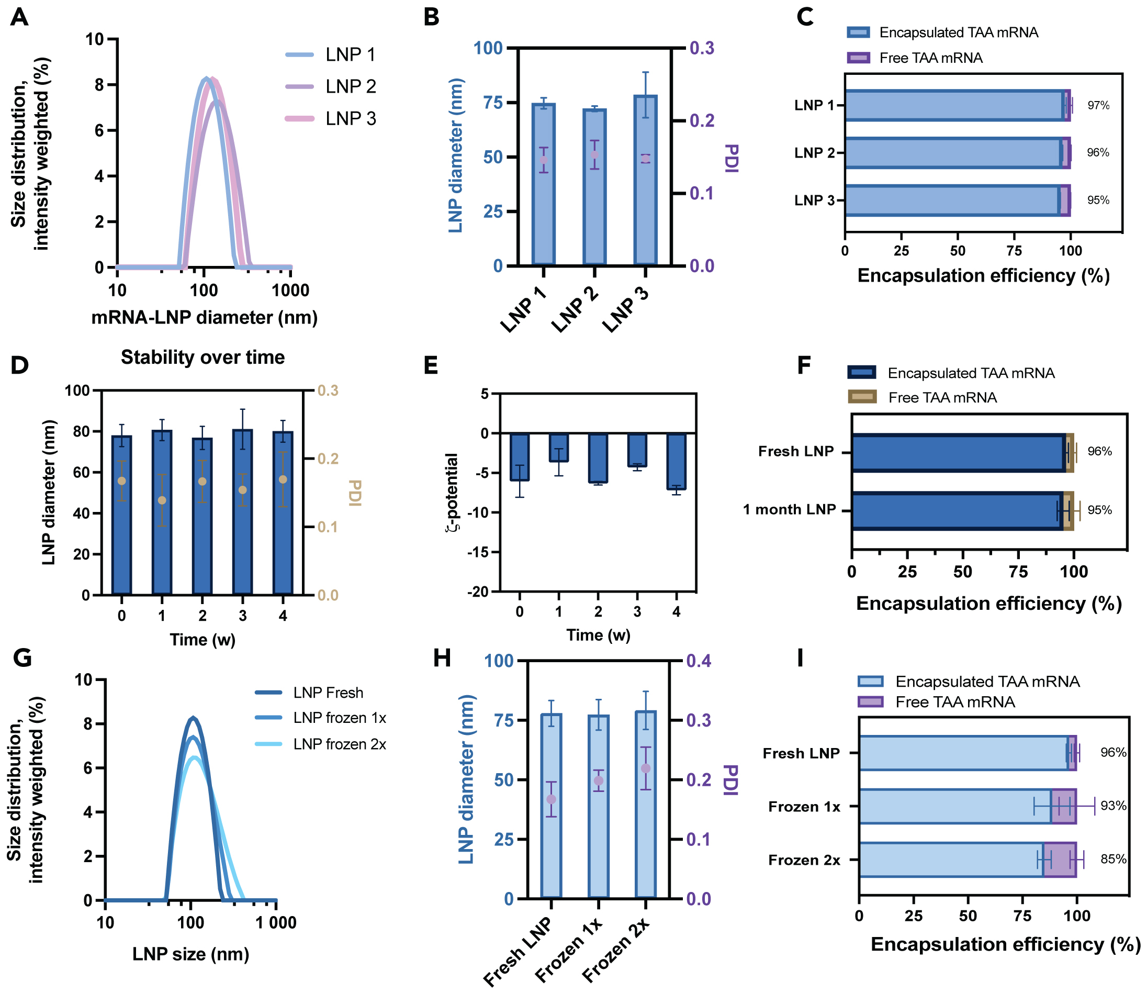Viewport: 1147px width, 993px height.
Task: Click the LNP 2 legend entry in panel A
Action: [x=350, y=86]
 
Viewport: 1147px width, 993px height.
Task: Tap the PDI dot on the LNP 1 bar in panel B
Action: [x=544, y=160]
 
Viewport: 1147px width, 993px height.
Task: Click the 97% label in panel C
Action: [x=1098, y=105]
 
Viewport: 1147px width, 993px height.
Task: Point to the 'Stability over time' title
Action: [x=203, y=358]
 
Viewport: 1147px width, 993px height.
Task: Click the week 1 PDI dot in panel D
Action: [x=162, y=500]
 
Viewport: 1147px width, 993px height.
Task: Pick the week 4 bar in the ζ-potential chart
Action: [x=676, y=461]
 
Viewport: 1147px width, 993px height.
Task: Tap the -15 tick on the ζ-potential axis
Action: [x=478, y=552]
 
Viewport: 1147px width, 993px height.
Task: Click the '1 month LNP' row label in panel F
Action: [x=789, y=510]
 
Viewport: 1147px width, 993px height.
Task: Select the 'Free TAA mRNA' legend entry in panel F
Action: [x=941, y=397]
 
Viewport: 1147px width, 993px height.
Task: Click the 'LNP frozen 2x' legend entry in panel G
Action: [x=339, y=744]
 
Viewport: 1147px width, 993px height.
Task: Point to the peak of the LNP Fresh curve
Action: [x=193, y=718]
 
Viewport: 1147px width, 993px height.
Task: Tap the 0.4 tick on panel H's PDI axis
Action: [x=699, y=661]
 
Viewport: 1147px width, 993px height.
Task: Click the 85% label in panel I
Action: [x=1113, y=860]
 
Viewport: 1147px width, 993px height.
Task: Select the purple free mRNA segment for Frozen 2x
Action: [x=1060, y=860]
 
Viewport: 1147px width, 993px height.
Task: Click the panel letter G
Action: [x=22, y=659]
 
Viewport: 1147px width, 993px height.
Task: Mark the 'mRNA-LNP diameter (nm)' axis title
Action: [x=205, y=318]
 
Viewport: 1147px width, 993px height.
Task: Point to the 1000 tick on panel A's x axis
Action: [x=290, y=290]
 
